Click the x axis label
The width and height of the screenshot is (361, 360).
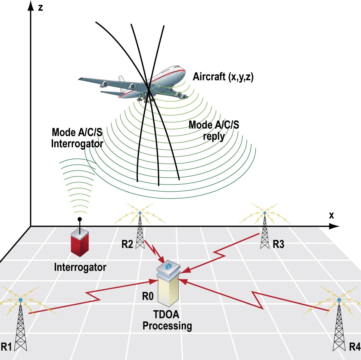331,215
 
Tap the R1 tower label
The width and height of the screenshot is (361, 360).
6,347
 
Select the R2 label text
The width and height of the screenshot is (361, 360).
127,245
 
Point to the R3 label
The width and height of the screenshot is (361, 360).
278,245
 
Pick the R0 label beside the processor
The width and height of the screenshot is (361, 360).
148,297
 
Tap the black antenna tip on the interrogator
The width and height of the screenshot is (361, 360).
79,219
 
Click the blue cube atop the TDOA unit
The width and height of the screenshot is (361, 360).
168,266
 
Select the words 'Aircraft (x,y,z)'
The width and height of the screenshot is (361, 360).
223,77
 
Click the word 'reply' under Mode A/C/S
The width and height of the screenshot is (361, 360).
213,136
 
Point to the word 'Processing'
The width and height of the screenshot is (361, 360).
167,325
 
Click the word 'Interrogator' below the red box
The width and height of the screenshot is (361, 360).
80,267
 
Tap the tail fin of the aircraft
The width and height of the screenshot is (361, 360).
121,79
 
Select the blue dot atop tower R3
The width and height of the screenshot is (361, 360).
264,213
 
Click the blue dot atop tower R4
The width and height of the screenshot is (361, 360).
339,300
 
